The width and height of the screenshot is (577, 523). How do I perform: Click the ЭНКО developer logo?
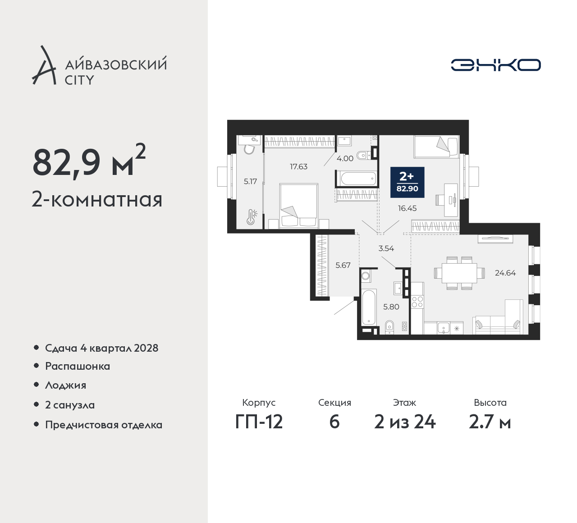pos(495,65)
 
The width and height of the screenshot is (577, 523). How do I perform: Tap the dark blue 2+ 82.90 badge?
pos(407,182)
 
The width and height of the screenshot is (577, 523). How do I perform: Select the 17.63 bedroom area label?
pos(298,166)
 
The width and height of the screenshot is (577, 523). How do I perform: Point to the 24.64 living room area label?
pos(505,273)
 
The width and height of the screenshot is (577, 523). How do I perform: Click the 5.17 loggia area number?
pos(250,181)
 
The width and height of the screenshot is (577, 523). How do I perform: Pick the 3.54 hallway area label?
pos(386,248)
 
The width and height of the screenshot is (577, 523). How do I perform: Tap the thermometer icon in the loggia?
pos(251,217)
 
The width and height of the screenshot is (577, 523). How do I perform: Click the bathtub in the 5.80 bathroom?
pos(368,307)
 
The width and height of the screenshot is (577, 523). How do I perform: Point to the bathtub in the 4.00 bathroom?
pos(356,179)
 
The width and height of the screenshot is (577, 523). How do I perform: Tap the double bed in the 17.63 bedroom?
pos(299,206)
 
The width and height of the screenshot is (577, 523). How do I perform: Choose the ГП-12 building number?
pos(259,422)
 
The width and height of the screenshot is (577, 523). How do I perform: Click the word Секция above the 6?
pos(334,403)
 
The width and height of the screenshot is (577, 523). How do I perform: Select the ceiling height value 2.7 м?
pos(490,422)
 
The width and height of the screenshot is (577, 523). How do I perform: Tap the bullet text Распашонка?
pos(78,366)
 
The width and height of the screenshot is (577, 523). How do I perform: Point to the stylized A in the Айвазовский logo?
pos(44,65)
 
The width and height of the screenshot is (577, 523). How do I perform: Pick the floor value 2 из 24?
pos(405,422)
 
